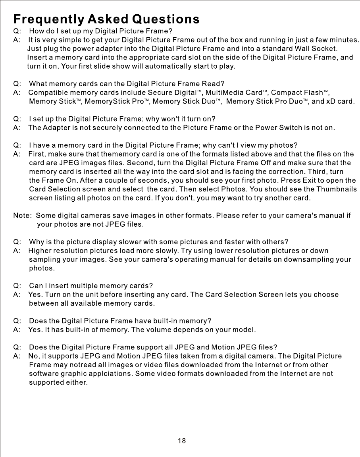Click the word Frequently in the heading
(48, 19)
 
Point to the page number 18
(182, 441)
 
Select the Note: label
(23, 216)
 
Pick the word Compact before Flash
(285, 93)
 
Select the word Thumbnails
(337, 189)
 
